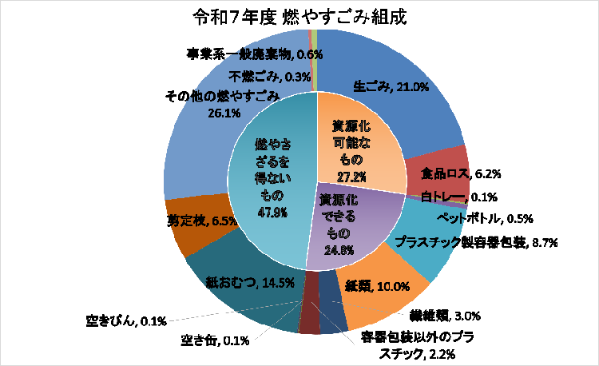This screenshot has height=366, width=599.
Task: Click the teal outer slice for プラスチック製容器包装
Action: pos(423,240)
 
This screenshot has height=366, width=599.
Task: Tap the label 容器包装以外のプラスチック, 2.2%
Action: pos(416,344)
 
